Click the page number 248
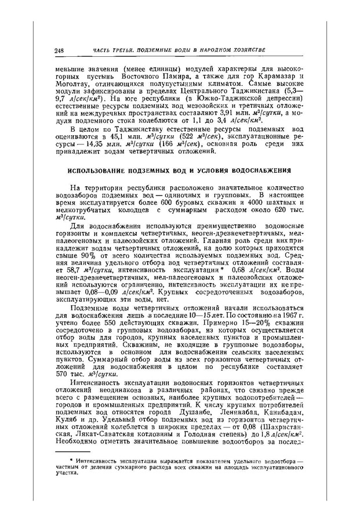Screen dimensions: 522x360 click(59, 51)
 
